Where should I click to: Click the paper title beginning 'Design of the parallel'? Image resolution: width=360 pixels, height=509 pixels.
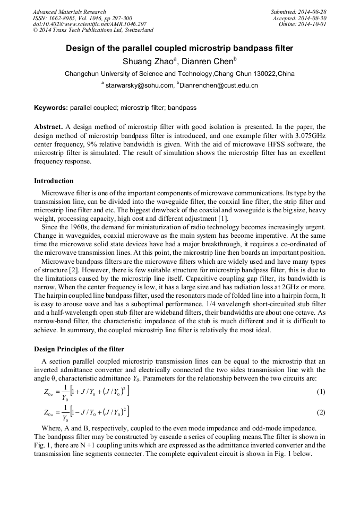pyautogui.click(x=179, y=48)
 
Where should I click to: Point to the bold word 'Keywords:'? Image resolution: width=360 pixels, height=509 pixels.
pyautogui.click(x=51, y=108)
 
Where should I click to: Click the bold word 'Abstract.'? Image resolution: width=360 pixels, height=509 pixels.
pyautogui.click(x=48, y=127)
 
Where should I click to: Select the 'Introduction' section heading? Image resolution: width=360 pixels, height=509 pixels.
pyautogui.click(x=54, y=181)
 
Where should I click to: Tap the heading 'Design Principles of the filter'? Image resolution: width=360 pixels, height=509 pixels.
pyautogui.click(x=79, y=349)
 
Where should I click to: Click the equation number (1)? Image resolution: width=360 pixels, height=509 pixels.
pyautogui.click(x=320, y=392)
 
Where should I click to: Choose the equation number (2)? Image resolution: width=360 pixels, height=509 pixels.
pyautogui.click(x=320, y=412)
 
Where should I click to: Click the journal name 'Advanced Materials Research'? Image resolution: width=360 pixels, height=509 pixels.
pyautogui.click(x=69, y=12)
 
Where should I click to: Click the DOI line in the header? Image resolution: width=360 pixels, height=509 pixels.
pyautogui.click(x=89, y=24)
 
